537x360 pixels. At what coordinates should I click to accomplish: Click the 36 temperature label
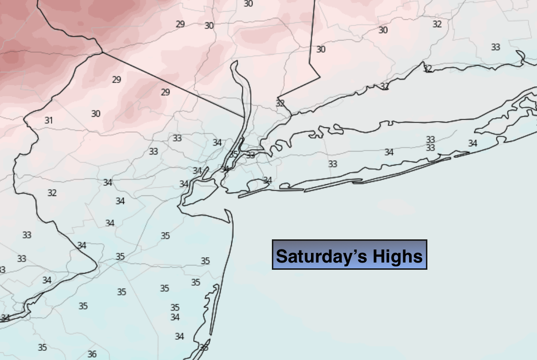[x=92, y=354]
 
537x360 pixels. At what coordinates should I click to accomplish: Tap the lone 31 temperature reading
[x=48, y=120]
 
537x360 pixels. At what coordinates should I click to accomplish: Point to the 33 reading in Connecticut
[x=495, y=47]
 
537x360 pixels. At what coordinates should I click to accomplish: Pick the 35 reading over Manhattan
[x=234, y=154]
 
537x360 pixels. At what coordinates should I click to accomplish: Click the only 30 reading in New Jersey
[x=96, y=114]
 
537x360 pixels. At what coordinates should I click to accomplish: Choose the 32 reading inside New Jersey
[x=52, y=193]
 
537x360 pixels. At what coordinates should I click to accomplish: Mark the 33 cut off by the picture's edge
[x=2, y=269]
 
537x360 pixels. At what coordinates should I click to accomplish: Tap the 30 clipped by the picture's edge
[x=248, y=3]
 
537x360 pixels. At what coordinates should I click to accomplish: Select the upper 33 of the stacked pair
[x=430, y=140]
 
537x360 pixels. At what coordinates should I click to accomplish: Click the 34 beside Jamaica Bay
[x=267, y=180]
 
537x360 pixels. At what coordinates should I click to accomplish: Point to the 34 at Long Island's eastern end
[x=472, y=143]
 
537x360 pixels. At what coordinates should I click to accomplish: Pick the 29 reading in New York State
[x=180, y=24]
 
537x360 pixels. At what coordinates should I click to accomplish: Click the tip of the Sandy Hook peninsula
[x=226, y=210]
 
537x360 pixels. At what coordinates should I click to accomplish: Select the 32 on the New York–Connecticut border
[x=280, y=103]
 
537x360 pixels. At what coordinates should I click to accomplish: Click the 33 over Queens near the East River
[x=250, y=155]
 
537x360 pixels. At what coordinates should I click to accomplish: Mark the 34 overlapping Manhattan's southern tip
[x=225, y=169]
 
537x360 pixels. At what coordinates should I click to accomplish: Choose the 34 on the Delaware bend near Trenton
[x=82, y=245]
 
